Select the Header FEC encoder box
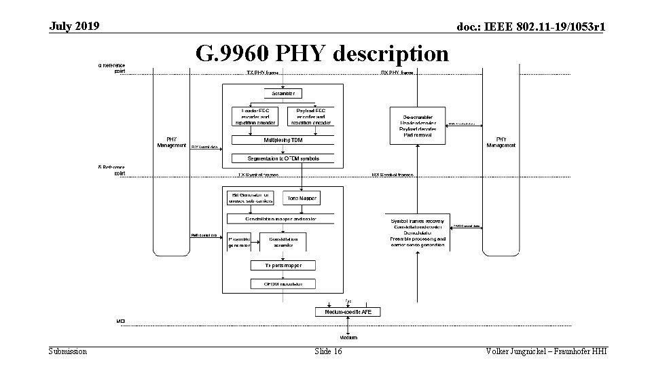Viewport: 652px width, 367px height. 254,116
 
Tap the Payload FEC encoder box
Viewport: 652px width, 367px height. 310,116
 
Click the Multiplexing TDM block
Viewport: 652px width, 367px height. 283,140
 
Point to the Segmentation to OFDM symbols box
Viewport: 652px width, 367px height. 283,158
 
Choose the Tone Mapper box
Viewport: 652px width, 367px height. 300,197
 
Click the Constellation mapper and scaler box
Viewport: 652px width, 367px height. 280,219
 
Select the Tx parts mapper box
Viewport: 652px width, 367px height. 283,265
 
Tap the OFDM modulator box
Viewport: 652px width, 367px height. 283,283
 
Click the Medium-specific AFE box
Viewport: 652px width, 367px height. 348,311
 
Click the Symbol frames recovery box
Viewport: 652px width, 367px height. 418,232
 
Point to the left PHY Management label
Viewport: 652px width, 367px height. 171,142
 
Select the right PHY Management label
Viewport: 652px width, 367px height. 501,142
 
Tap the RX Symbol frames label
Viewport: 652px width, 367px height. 393,175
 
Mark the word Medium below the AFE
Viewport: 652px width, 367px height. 348,337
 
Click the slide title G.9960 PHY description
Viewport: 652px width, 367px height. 322,53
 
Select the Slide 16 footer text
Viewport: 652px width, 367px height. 329,351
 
